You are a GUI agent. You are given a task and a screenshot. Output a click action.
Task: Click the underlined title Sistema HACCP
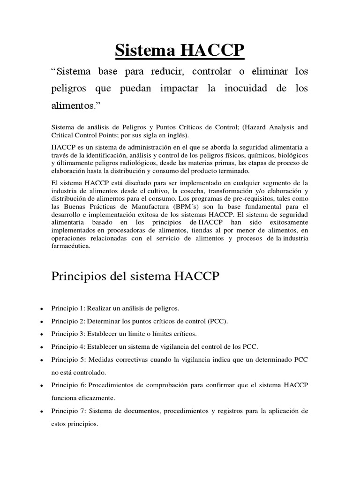tap(180, 50)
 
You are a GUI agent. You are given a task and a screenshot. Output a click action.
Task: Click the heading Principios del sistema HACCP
tap(135, 277)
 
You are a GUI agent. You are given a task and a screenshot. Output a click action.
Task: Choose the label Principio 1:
tap(68, 308)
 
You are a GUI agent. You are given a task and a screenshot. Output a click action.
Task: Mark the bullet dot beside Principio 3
tap(42, 334)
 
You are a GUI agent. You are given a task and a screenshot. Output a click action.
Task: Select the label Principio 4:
tap(68, 346)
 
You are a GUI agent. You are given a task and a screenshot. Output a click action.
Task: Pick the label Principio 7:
tap(68, 411)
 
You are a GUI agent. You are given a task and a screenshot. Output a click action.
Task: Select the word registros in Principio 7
tap(228, 411)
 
